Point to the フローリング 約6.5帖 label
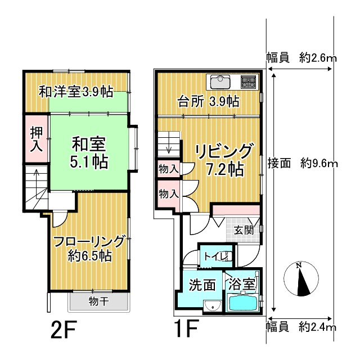89,248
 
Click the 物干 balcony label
98,301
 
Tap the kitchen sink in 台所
220,82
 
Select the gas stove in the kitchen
248,82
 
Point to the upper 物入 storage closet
168,169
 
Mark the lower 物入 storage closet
168,194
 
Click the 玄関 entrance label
244,229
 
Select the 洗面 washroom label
202,285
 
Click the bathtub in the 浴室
242,304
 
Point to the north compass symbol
303,279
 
